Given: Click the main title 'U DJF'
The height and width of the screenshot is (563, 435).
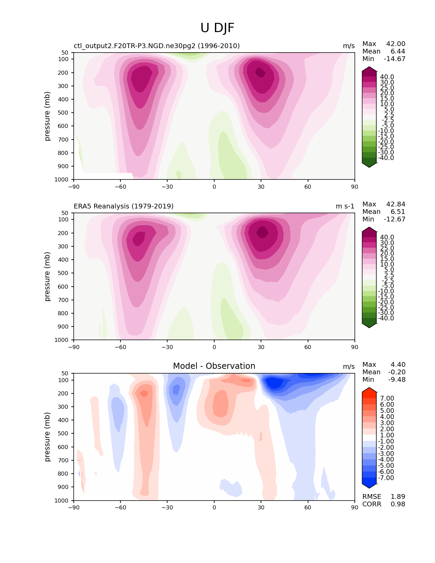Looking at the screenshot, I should (x=217, y=28).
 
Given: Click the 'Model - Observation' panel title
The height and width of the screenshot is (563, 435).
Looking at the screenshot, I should (x=214, y=366).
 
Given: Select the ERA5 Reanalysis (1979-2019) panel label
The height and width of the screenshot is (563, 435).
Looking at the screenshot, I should (x=124, y=206).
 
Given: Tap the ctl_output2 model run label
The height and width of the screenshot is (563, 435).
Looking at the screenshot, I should (x=157, y=46).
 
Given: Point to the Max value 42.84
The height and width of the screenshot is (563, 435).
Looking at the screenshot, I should (x=396, y=204).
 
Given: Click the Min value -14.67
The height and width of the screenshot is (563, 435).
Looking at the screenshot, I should (x=394, y=59).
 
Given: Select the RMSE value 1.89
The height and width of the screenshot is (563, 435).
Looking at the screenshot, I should (x=398, y=496).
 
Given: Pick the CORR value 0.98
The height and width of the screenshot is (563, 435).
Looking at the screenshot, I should (x=398, y=504).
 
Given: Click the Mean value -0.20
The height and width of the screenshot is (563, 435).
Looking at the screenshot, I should (x=397, y=372).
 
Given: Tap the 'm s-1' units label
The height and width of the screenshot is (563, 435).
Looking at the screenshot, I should (x=345, y=206).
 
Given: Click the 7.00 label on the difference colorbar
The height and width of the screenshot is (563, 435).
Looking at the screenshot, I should (x=387, y=399).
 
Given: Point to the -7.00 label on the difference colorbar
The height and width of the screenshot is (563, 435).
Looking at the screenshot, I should (x=386, y=478).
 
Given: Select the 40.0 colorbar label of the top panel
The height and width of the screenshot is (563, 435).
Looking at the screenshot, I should (x=387, y=77).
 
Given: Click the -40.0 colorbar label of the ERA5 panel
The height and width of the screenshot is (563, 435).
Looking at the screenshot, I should (x=386, y=318).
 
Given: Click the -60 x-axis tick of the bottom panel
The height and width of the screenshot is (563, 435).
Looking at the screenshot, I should (x=120, y=507).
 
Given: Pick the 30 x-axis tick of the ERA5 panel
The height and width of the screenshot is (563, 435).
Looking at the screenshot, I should (x=261, y=347).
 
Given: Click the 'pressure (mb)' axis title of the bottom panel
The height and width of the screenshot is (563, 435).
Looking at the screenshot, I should (x=47, y=437).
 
